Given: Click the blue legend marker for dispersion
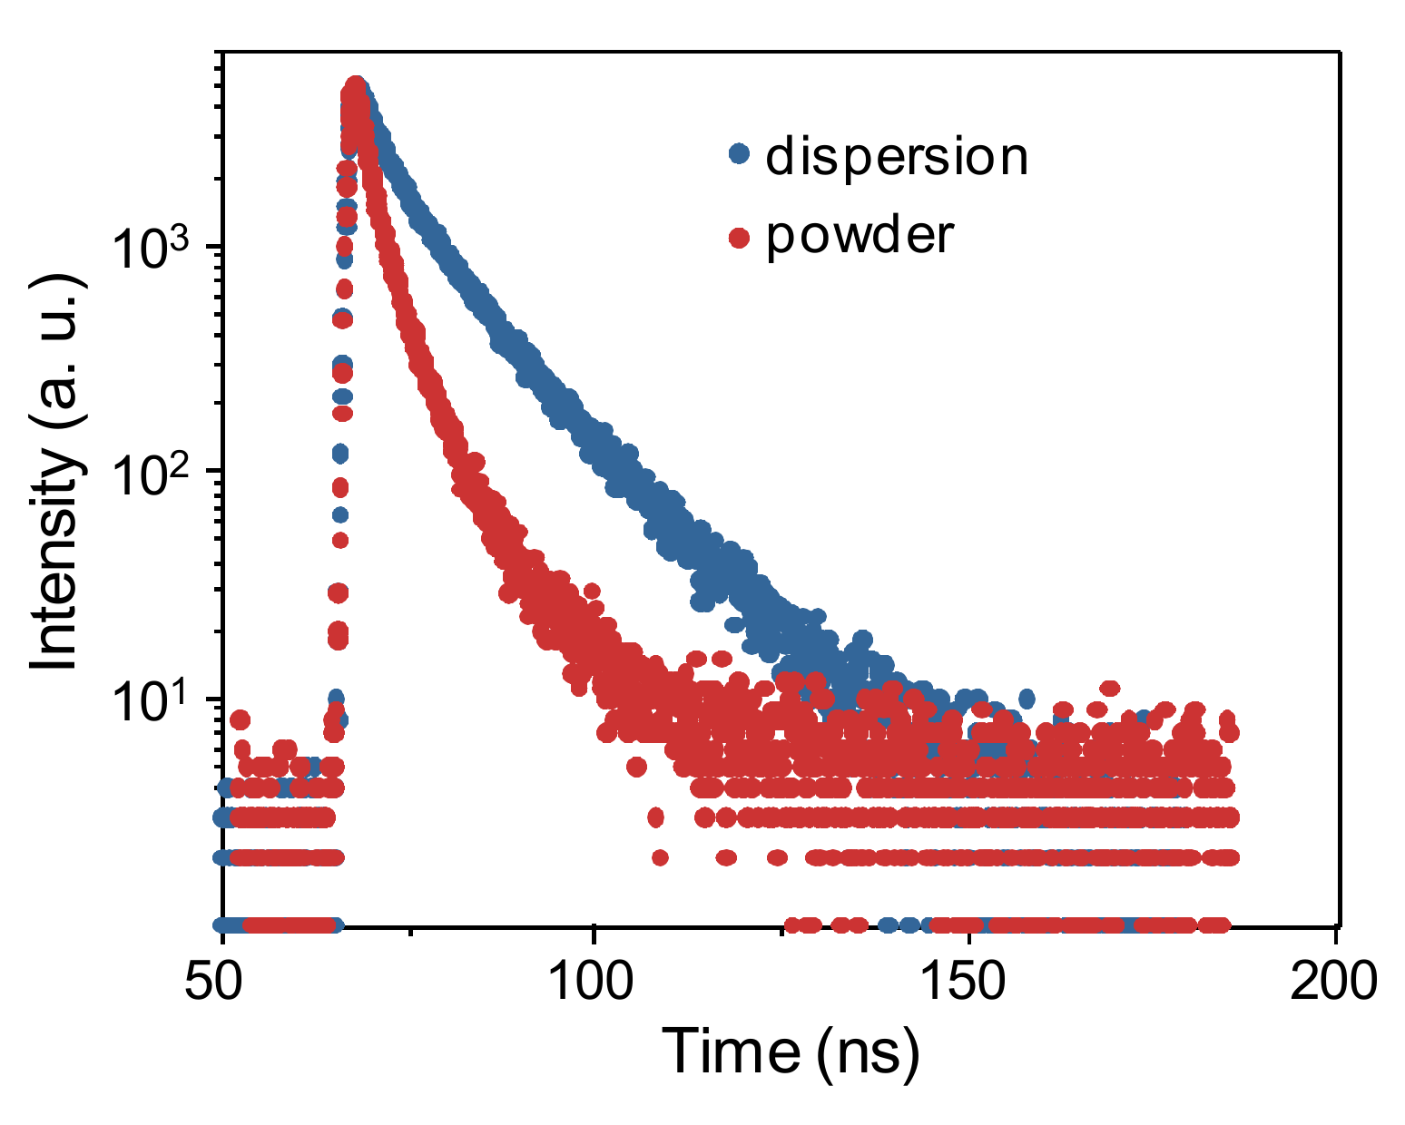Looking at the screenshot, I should click(740, 155).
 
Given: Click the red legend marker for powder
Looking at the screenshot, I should click(740, 238).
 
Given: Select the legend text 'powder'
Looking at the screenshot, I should click(860, 236).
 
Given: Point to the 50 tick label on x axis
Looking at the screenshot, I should click(222, 981).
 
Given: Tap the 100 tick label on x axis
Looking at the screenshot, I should click(593, 981).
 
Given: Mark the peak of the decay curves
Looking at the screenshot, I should click(356, 86).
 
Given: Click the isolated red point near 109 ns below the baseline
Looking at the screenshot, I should click(660, 856).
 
